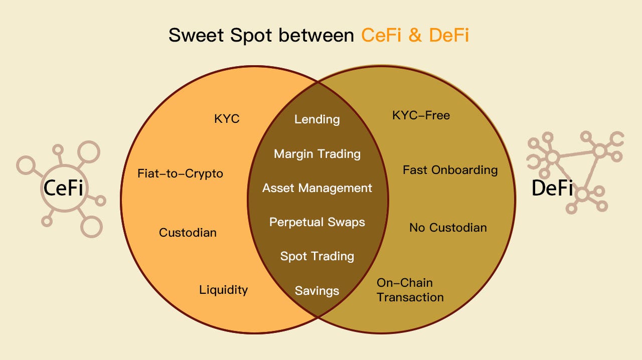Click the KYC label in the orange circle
[227, 119]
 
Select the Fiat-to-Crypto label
[180, 174]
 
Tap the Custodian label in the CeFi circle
[188, 233]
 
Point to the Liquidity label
[223, 290]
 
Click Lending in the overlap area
[317, 119]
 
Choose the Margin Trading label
[317, 153]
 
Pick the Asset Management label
[317, 188]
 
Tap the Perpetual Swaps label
[317, 222]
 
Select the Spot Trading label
[317, 256]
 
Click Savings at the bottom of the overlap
[317, 290]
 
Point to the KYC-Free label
[421, 115]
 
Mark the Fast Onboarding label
[450, 170]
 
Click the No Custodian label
[448, 228]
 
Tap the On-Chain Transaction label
[410, 290]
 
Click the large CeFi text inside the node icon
[63, 189]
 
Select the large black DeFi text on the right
[552, 189]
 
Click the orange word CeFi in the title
[382, 35]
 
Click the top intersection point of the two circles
[318, 82]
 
